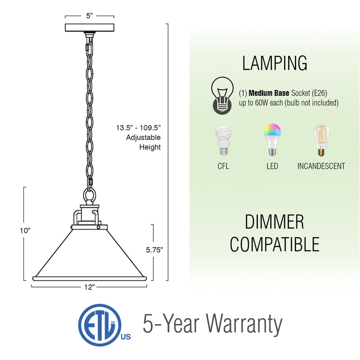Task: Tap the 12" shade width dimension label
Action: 90,287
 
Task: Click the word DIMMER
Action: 274,222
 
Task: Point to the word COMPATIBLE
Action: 274,244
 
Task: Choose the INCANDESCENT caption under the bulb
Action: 321,166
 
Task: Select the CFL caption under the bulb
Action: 223,166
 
